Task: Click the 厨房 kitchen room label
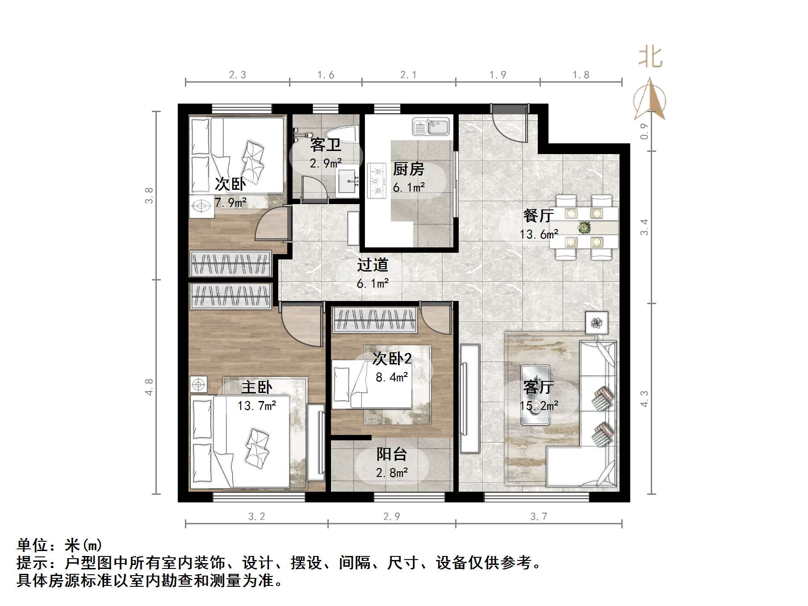click(x=408, y=169)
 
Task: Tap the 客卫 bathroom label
click(x=326, y=145)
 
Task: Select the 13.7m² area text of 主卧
click(x=256, y=406)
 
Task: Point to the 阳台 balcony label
click(x=392, y=455)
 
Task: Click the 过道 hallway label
click(x=373, y=265)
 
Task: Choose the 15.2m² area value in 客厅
click(x=539, y=406)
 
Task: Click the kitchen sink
click(x=431, y=126)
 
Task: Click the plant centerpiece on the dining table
click(x=584, y=228)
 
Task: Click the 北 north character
click(x=650, y=58)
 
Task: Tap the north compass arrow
click(x=650, y=100)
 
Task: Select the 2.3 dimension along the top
click(x=237, y=75)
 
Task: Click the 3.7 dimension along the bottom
click(x=538, y=517)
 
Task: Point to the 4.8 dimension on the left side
click(x=149, y=387)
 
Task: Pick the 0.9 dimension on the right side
click(x=644, y=131)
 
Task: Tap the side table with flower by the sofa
click(x=597, y=322)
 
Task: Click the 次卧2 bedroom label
click(x=392, y=359)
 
